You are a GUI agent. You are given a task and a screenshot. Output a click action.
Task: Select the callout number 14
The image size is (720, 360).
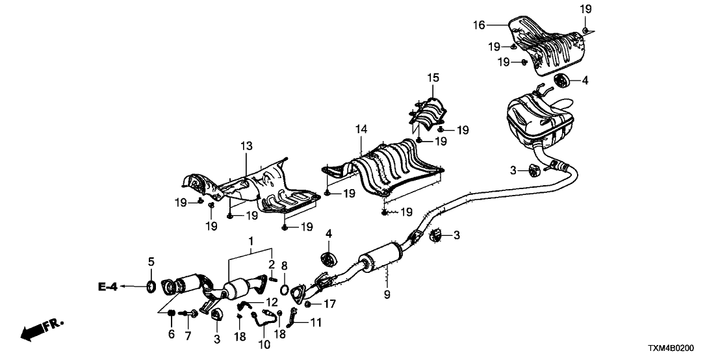(x=361, y=130)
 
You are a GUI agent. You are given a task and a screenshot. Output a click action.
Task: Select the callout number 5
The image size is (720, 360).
(x=151, y=263)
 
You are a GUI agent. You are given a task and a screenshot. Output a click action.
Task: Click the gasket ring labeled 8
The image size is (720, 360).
(x=285, y=289)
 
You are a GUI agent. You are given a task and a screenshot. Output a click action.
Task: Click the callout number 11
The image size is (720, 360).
(x=316, y=322)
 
